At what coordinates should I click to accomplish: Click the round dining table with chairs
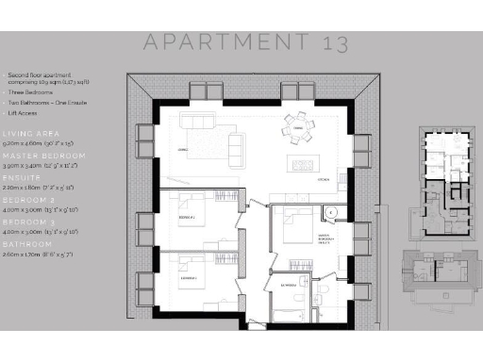coord(298,127)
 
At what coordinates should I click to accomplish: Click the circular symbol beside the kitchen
coord(329,212)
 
